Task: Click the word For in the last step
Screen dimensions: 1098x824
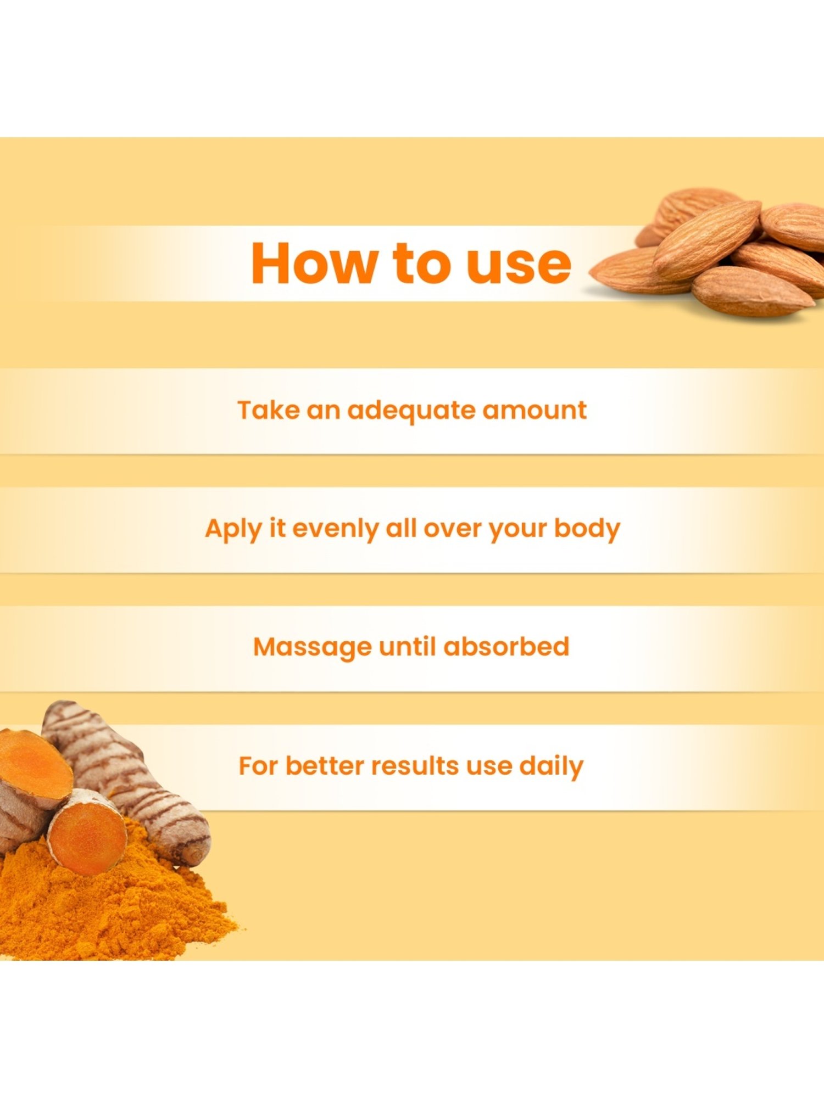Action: pos(258,766)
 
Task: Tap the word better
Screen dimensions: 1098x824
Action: pos(324,766)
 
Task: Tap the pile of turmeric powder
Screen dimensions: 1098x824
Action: pos(110,911)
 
